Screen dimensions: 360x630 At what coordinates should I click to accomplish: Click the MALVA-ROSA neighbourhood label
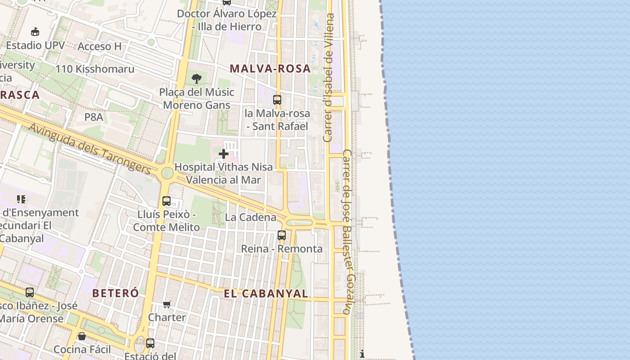270,69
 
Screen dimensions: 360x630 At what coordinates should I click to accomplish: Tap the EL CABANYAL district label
266,294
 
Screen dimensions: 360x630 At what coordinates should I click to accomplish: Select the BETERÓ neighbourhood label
116,293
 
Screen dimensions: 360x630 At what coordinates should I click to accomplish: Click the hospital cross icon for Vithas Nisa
224,154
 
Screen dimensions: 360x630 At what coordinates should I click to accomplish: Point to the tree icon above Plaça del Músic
196,79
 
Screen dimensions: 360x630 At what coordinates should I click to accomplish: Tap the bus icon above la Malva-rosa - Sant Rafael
277,100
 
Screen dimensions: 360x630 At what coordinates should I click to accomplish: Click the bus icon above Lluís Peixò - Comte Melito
166,201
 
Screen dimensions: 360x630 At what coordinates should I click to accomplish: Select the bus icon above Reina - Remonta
282,235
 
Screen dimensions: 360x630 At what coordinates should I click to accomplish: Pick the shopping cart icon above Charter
167,305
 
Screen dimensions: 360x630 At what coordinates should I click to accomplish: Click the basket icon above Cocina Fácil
82,336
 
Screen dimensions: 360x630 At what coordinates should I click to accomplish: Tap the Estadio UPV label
35,45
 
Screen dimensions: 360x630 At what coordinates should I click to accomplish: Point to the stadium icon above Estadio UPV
35,31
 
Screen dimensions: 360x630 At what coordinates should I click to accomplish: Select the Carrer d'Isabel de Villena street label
329,77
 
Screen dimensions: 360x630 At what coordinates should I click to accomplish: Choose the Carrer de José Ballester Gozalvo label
349,232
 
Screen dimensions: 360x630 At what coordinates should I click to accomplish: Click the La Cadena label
251,217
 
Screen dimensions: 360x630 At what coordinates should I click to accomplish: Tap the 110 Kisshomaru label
95,69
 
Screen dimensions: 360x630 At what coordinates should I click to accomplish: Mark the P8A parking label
94,117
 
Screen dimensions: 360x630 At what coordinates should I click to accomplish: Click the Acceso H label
99,46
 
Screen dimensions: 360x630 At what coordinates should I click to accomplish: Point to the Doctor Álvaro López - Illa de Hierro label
227,20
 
